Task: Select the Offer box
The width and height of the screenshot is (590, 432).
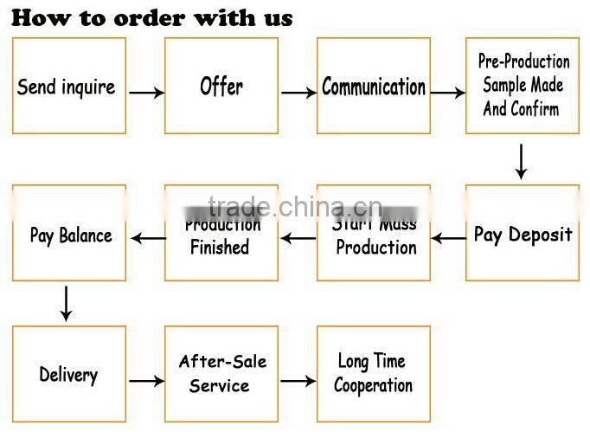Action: tap(221, 86)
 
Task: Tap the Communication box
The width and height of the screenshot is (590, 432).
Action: tap(374, 86)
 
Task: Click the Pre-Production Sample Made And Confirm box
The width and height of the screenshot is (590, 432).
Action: tap(523, 86)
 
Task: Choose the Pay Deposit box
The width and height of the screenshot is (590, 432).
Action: tap(523, 234)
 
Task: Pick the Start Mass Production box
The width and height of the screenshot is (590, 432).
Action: tap(374, 234)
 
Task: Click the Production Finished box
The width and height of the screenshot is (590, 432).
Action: tap(221, 234)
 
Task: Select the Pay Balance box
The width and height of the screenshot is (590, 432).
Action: tap(68, 234)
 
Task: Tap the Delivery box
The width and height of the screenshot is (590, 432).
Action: tap(68, 374)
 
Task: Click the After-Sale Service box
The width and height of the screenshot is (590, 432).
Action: tap(221, 374)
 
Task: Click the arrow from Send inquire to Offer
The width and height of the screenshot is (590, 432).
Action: tap(145, 92)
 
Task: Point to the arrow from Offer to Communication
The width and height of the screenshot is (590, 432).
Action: tap(298, 92)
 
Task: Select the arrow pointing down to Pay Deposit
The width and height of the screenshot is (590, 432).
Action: tap(520, 160)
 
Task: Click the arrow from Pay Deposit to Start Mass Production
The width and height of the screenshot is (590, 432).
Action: tap(448, 238)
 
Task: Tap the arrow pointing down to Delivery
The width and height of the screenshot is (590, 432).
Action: tap(66, 302)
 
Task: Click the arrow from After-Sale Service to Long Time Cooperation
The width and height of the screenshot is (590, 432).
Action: tap(298, 380)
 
